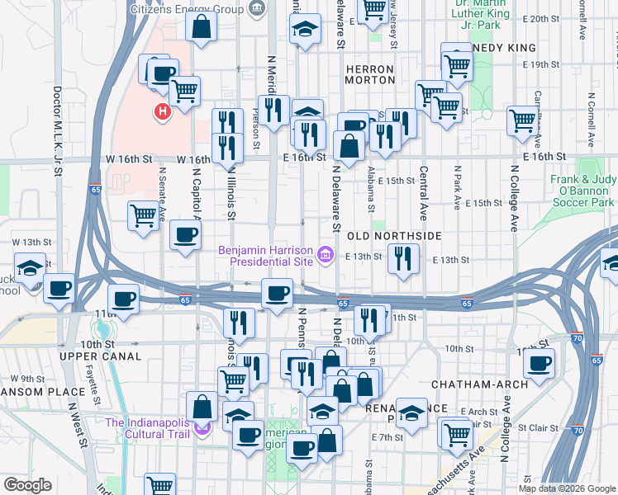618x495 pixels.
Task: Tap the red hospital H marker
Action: click(x=162, y=111)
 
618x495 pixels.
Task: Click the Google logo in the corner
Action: click(x=27, y=485)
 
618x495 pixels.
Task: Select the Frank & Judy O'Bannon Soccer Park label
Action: click(x=582, y=191)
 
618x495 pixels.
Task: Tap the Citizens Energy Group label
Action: click(x=187, y=9)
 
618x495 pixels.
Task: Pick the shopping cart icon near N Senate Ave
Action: click(x=144, y=215)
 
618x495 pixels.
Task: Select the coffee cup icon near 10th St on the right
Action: click(x=540, y=362)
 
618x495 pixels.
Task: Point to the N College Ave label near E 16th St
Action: click(x=513, y=198)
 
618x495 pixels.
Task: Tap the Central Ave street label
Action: click(x=423, y=188)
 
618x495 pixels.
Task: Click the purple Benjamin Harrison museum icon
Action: click(x=326, y=256)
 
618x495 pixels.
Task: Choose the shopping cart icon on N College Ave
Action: click(x=523, y=120)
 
